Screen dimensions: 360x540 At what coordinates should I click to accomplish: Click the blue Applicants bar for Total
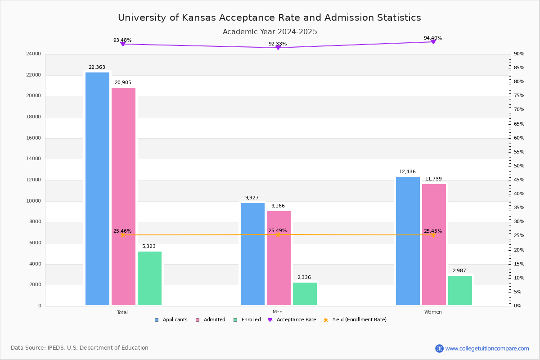coord(97,189)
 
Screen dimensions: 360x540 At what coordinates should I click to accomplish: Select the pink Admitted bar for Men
coord(279,258)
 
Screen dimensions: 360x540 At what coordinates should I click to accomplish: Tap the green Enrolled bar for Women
coord(460,291)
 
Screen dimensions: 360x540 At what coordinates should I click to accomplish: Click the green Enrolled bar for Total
coord(149,279)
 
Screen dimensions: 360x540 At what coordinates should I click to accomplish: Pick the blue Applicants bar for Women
coord(408,241)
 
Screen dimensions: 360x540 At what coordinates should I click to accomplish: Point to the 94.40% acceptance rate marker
coord(433,41)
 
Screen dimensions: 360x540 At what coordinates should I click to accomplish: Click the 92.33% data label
coord(278,44)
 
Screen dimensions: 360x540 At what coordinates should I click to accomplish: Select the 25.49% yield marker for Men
coord(278,234)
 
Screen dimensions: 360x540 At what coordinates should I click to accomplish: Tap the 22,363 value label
coord(97,67)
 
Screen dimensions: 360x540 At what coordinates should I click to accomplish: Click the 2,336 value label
coord(304,278)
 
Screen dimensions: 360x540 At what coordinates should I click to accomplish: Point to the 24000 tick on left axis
coord(34,54)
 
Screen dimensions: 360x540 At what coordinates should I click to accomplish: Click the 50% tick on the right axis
coord(519,166)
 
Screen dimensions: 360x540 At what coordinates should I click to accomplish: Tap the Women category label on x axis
coord(433,312)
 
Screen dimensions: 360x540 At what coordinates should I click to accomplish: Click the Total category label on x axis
coord(122,312)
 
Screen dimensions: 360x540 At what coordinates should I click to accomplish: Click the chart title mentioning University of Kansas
coord(270,18)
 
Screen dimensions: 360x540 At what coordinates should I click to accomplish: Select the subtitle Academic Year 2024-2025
coord(270,32)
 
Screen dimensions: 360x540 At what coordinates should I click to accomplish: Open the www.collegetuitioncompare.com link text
coord(487,348)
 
